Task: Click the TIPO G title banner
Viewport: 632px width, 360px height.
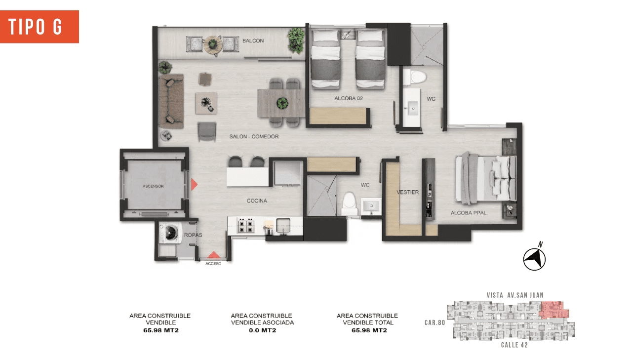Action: (x=39, y=27)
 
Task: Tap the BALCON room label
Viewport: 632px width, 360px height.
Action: (x=253, y=41)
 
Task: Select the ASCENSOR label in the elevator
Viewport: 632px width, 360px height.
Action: (x=153, y=186)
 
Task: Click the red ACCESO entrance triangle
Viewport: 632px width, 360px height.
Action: (x=214, y=254)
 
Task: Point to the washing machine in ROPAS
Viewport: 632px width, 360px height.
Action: (x=170, y=233)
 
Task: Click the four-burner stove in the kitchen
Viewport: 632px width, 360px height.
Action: (x=246, y=225)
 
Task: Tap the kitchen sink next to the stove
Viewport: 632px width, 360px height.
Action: (x=283, y=225)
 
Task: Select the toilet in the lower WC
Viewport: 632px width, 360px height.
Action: (x=349, y=203)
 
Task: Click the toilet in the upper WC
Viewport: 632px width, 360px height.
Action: (x=414, y=77)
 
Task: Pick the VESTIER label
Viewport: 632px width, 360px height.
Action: (x=408, y=193)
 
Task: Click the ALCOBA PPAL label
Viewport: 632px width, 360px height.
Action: (x=469, y=213)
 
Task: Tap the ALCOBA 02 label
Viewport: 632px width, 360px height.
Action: (x=349, y=98)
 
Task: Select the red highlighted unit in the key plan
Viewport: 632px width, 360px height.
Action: (x=553, y=310)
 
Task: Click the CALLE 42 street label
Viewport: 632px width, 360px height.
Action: (x=514, y=345)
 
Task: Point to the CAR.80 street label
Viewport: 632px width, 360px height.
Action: (x=435, y=322)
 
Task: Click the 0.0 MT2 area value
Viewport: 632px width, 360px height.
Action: (x=262, y=330)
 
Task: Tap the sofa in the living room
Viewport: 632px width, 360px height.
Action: (x=171, y=101)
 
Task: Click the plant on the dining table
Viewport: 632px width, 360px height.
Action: (x=282, y=103)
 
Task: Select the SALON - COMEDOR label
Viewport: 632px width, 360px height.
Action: (x=254, y=137)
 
